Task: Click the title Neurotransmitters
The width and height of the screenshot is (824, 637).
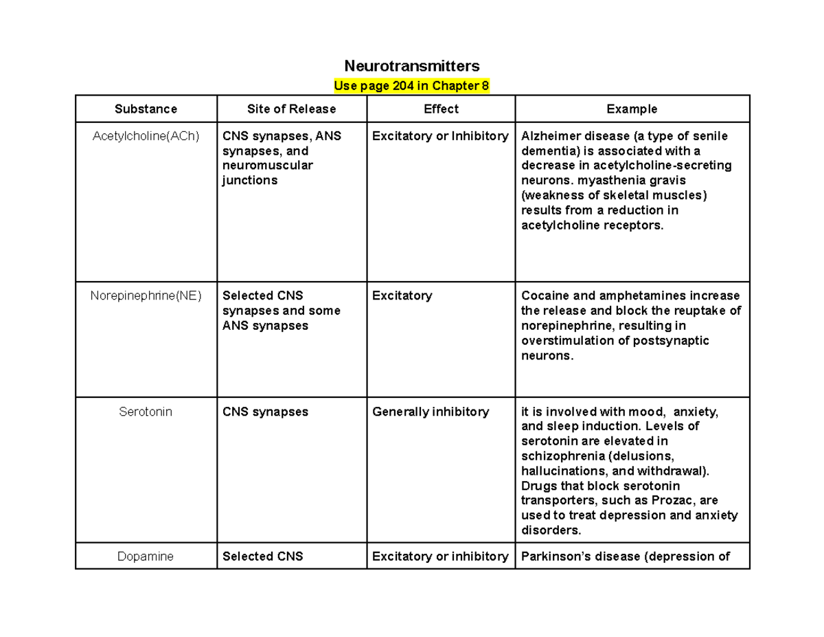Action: (411, 66)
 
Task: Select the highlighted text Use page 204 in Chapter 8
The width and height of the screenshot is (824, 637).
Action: (411, 86)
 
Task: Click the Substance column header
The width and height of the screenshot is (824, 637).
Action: (146, 109)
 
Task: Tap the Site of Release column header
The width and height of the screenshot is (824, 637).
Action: (291, 109)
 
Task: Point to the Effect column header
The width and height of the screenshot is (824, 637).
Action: (441, 109)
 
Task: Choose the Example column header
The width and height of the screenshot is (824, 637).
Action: (632, 109)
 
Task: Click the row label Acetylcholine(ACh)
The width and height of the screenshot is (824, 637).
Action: (146, 136)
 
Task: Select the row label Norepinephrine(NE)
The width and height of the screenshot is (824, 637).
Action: (146, 295)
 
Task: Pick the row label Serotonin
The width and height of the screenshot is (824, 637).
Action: (146, 412)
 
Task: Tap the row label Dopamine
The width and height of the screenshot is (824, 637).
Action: (146, 557)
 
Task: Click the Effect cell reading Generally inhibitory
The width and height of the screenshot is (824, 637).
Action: (431, 412)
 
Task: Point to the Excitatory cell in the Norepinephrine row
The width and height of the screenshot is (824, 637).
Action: (402, 295)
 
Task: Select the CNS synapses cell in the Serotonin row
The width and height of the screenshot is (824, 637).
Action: (265, 412)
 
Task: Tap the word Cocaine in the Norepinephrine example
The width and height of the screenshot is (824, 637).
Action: (543, 295)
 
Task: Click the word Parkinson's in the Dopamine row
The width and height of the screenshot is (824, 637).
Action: (554, 557)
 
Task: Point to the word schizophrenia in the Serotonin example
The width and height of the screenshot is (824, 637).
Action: (558, 456)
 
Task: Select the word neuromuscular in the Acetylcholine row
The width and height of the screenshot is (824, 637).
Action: (267, 166)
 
